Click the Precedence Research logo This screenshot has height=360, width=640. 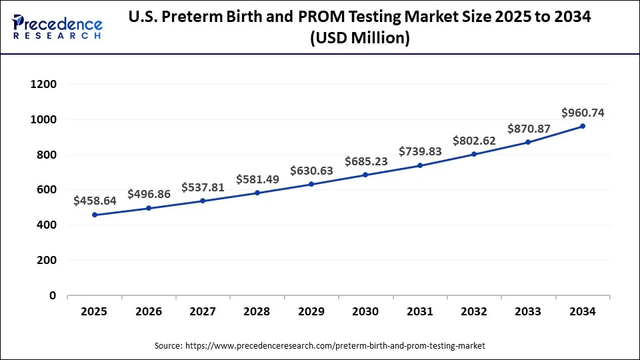click(57, 27)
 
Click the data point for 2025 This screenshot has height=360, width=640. click(95, 215)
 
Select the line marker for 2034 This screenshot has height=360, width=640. click(583, 126)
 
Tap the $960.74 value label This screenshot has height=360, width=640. click(583, 113)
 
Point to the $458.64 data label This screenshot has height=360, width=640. click(95, 200)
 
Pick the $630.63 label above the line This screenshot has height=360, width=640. click(311, 171)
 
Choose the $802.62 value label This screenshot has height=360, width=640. click(474, 141)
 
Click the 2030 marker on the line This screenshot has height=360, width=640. click(365, 175)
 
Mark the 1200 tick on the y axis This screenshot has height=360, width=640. click(43, 85)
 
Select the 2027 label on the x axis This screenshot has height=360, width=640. click(203, 311)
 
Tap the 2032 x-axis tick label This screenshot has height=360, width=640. click(474, 311)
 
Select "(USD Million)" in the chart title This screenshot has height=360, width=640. click(360, 39)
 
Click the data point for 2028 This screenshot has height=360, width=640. click(257, 193)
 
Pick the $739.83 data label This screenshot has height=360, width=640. click(420, 151)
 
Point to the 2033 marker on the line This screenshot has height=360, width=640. click(528, 142)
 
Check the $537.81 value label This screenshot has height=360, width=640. click(203, 187)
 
